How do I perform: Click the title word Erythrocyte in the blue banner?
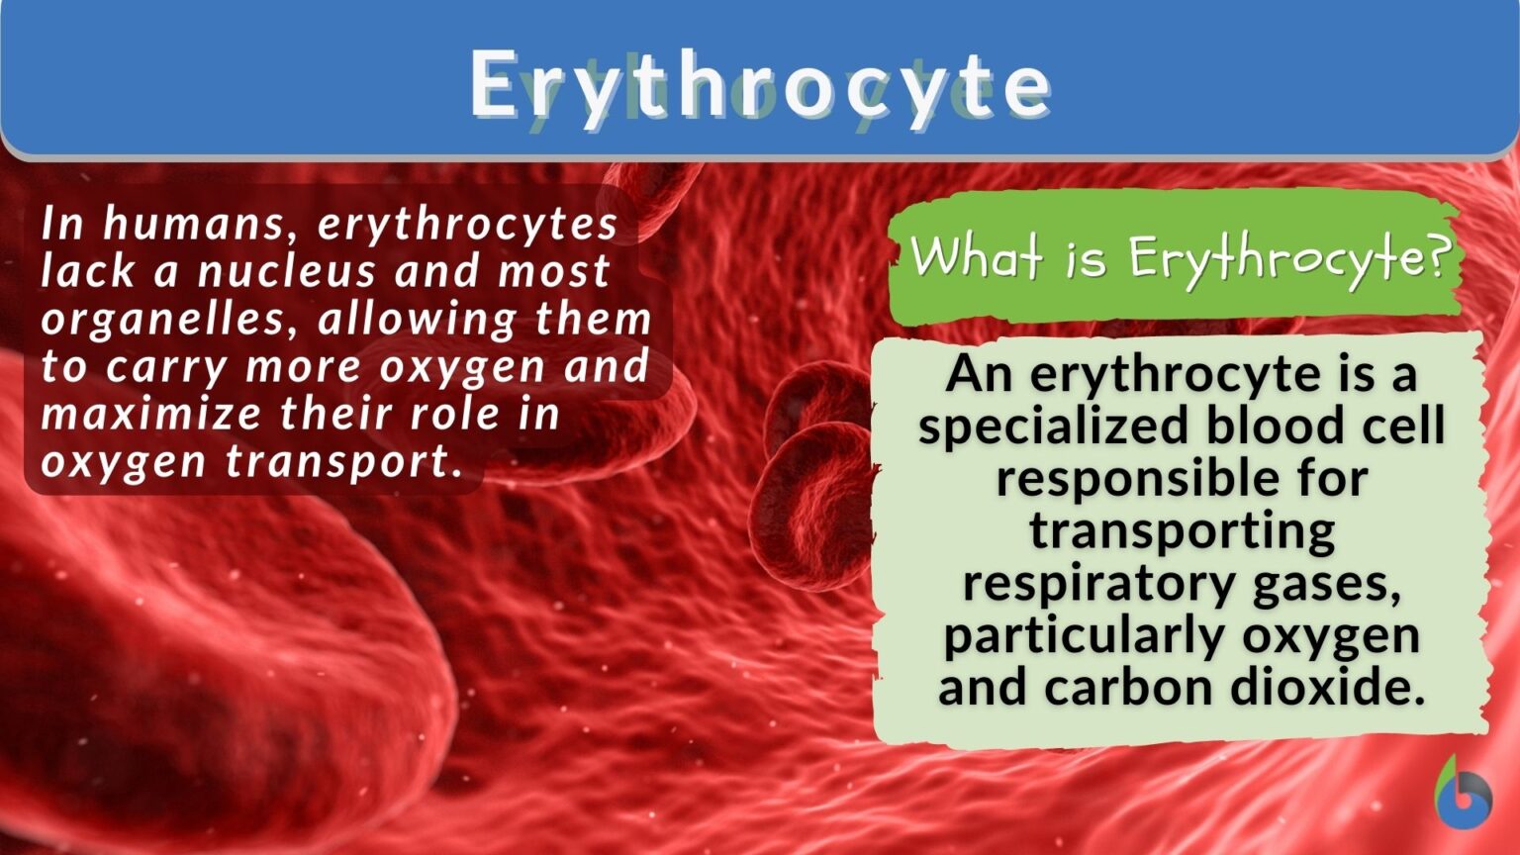[x=760, y=85]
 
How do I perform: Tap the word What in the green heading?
[x=976, y=256]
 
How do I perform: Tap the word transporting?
[x=1182, y=531]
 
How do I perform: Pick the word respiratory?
[x=1098, y=583]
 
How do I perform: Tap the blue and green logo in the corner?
[x=1463, y=794]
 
